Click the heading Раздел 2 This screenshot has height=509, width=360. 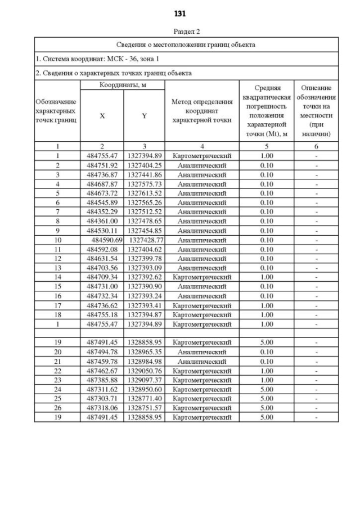(x=186, y=32)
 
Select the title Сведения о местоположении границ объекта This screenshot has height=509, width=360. (x=186, y=44)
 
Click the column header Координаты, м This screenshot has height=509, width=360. (x=123, y=85)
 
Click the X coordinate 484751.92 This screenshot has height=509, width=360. (x=102, y=165)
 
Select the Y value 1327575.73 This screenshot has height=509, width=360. (x=144, y=184)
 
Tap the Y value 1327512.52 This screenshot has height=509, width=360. (x=144, y=212)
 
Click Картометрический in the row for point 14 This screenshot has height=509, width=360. (x=202, y=277)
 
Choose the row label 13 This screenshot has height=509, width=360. (x=57, y=268)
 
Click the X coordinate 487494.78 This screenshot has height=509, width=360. (x=102, y=352)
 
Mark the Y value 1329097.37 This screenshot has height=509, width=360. (x=144, y=380)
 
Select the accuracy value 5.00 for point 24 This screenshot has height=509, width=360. (x=267, y=389)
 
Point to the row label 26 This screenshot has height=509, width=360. (x=57, y=408)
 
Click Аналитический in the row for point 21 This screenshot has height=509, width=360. (x=202, y=361)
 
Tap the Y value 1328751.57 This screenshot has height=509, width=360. (x=144, y=408)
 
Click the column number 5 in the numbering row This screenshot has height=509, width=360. (x=267, y=147)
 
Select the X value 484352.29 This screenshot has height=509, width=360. (x=102, y=212)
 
